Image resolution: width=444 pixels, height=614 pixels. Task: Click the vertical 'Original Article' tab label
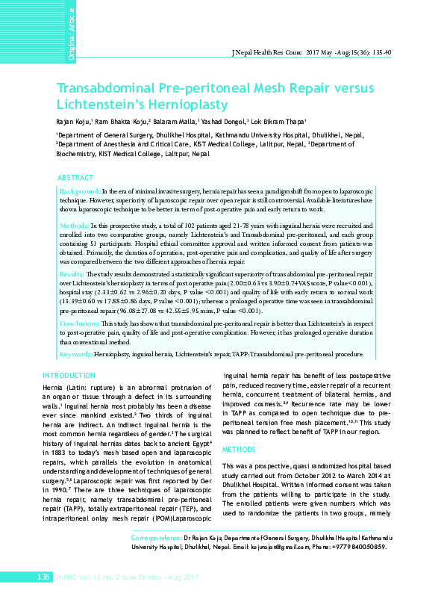pos(72,32)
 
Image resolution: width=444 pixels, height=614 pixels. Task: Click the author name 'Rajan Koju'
pos(73,120)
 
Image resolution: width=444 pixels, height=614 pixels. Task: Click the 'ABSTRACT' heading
pos(75,179)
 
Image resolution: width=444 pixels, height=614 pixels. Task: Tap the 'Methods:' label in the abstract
pos(75,224)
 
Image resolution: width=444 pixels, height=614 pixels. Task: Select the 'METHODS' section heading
pos(240,450)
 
